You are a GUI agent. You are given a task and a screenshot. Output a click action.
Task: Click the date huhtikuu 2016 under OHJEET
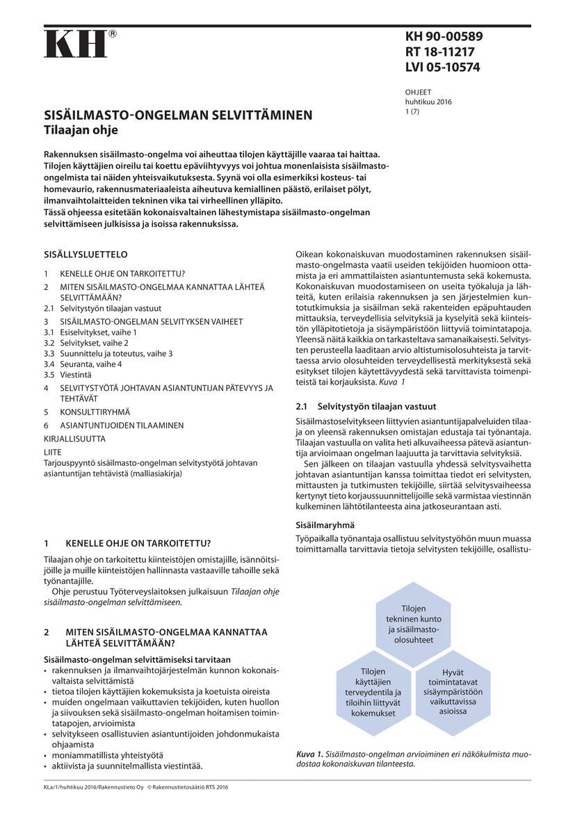pyautogui.click(x=428, y=102)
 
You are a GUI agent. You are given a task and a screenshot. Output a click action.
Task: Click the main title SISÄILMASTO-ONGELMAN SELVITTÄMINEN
pyautogui.click(x=178, y=115)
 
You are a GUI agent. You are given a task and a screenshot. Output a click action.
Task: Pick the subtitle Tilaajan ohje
pyautogui.click(x=81, y=130)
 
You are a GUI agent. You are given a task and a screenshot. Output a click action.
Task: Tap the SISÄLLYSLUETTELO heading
pyautogui.click(x=86, y=255)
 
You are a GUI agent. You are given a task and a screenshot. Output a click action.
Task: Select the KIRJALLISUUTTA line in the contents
pyautogui.click(x=74, y=439)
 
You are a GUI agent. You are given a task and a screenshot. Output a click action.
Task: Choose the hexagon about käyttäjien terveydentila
pyautogui.click(x=373, y=692)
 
